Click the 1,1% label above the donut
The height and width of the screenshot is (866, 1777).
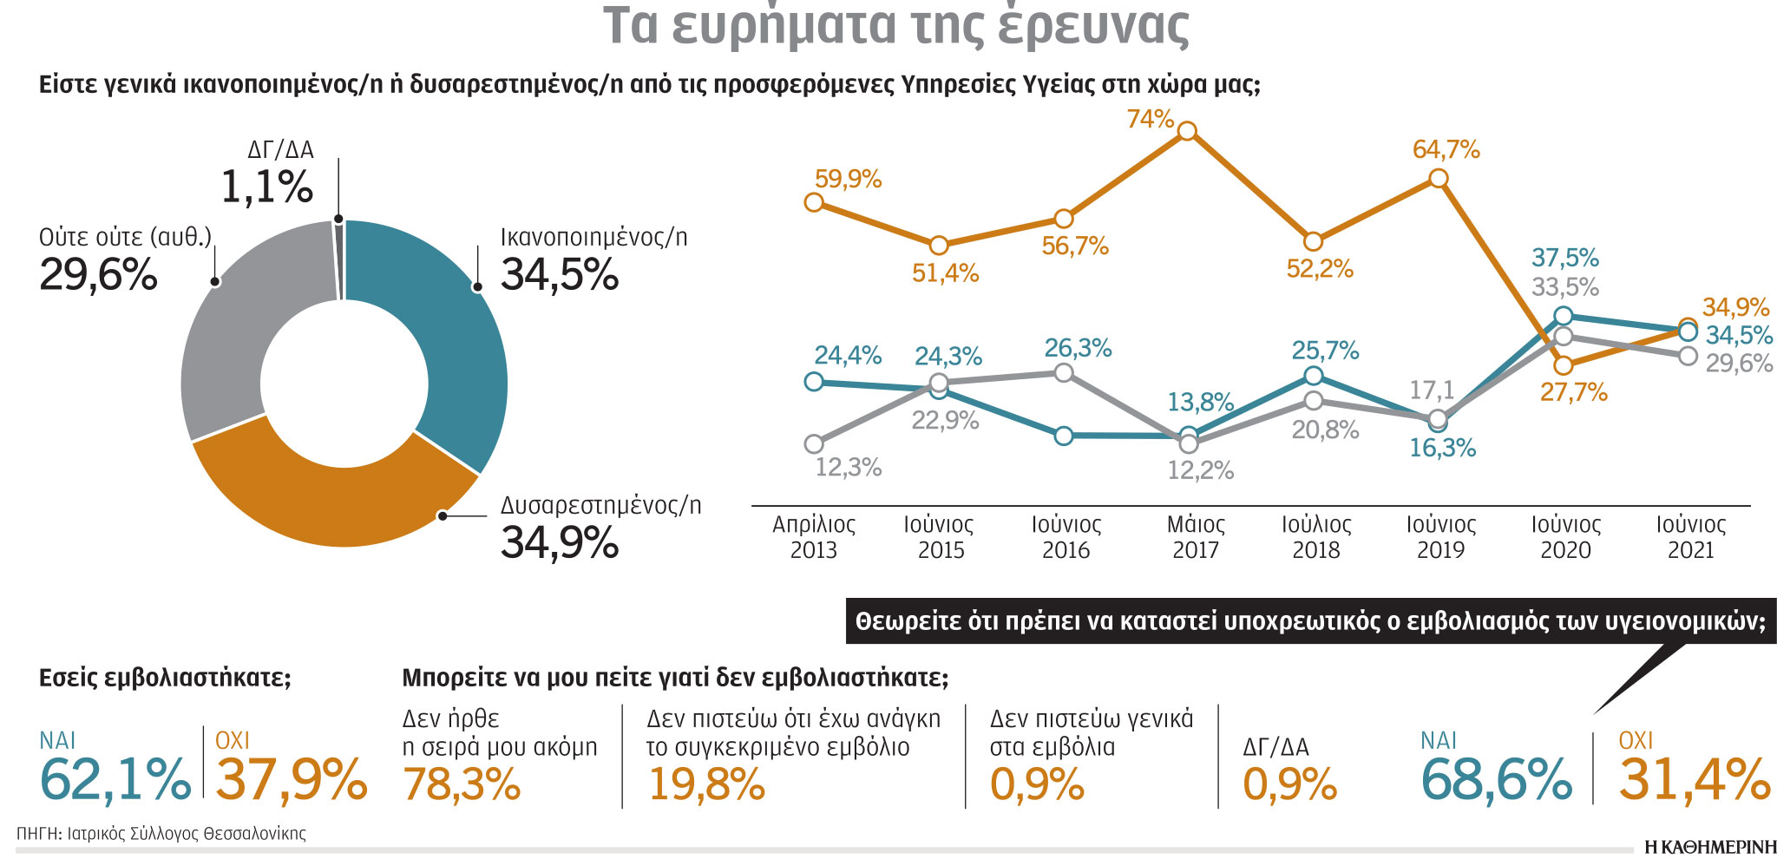pyautogui.click(x=266, y=187)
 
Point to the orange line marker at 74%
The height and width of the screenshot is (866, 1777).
pyautogui.click(x=1188, y=131)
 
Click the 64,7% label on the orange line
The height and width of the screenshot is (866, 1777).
pyautogui.click(x=1446, y=149)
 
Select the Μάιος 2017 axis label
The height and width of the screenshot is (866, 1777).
pyautogui.click(x=1196, y=537)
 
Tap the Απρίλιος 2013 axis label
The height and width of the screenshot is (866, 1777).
pyautogui.click(x=814, y=537)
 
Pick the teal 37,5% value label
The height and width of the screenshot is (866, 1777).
pyautogui.click(x=1564, y=258)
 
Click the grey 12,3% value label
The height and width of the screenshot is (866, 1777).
pyautogui.click(x=848, y=468)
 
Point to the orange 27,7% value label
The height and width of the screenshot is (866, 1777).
pyautogui.click(x=1573, y=392)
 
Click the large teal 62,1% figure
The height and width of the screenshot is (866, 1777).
pyautogui.click(x=115, y=779)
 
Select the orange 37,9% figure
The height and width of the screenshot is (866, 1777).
pyautogui.click(x=291, y=779)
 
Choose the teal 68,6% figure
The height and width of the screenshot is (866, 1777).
pyautogui.click(x=1496, y=779)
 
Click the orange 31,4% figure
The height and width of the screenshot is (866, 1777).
pyautogui.click(x=1694, y=779)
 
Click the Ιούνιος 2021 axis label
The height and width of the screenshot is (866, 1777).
pyautogui.click(x=1690, y=537)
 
